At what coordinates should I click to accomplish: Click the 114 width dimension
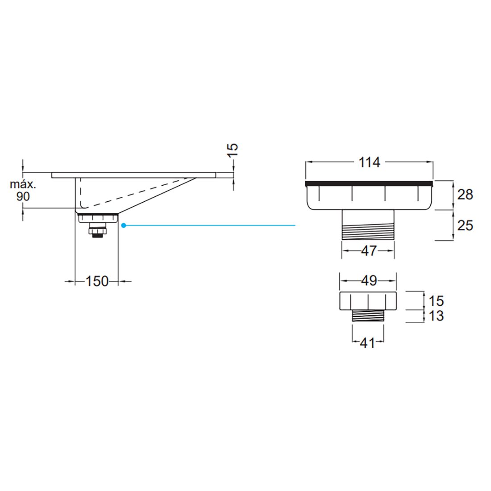[x=370, y=162]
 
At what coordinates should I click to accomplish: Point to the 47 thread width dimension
[x=368, y=251]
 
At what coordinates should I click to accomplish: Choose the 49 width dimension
[x=368, y=281]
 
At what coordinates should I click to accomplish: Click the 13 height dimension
[x=436, y=316]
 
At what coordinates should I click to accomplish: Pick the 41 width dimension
[x=367, y=343]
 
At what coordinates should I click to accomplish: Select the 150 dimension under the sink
[x=97, y=281]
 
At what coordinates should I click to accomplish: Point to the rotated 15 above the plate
[x=233, y=149]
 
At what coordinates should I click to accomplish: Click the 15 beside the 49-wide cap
[x=436, y=300]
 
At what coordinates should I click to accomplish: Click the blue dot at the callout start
[x=123, y=226]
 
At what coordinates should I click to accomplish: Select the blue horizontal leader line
[x=210, y=226]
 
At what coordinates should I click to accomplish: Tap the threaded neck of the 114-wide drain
[x=368, y=225]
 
